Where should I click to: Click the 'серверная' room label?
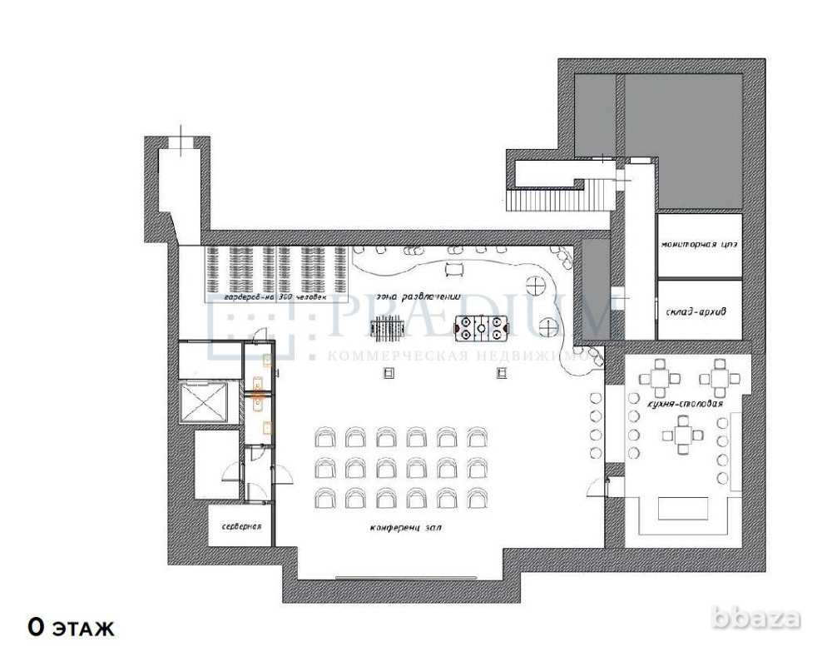241,527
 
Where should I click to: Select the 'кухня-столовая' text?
684,404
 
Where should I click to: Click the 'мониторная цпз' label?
698,245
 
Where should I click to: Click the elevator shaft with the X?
204,401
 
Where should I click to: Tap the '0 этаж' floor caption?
70,626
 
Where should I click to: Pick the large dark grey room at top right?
682,140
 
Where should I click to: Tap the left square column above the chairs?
388,374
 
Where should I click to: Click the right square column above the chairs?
502,374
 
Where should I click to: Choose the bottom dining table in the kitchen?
684,434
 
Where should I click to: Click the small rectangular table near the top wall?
454,267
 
